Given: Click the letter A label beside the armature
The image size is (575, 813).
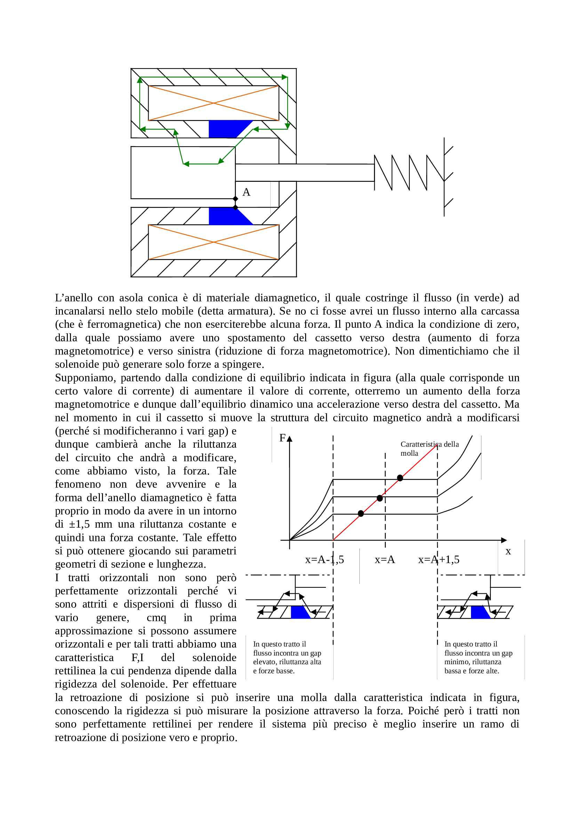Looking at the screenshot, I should pyautogui.click(x=246, y=192).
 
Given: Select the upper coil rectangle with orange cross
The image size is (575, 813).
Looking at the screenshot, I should pyautogui.click(x=213, y=103).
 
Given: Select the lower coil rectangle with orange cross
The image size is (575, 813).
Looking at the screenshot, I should pyautogui.click(x=213, y=242).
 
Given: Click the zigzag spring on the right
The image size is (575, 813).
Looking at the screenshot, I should pyautogui.click(x=409, y=172).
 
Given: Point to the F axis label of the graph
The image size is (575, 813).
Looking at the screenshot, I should pyautogui.click(x=282, y=438).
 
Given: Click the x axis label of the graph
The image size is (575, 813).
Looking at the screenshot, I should pyautogui.click(x=508, y=551).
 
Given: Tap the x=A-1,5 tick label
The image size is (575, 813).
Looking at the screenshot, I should pyautogui.click(x=325, y=560).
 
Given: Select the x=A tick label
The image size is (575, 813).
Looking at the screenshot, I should pyautogui.click(x=385, y=560).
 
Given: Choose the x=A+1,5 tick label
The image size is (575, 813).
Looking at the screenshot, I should pyautogui.click(x=439, y=560).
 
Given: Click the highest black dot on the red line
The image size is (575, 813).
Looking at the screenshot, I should pyautogui.click(x=400, y=478).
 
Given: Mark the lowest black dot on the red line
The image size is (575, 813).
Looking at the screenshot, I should pyautogui.click(x=361, y=513).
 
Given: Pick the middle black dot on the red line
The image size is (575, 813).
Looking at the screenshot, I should pyautogui.click(x=380, y=498).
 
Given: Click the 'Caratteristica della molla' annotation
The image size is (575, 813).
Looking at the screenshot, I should pyautogui.click(x=429, y=449).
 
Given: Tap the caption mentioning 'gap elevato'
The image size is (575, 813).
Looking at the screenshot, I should pyautogui.click(x=287, y=657).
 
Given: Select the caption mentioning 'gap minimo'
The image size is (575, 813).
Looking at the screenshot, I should pyautogui.click(x=478, y=657).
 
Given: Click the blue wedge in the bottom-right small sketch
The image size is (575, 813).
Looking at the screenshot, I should pyautogui.click(x=480, y=612).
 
